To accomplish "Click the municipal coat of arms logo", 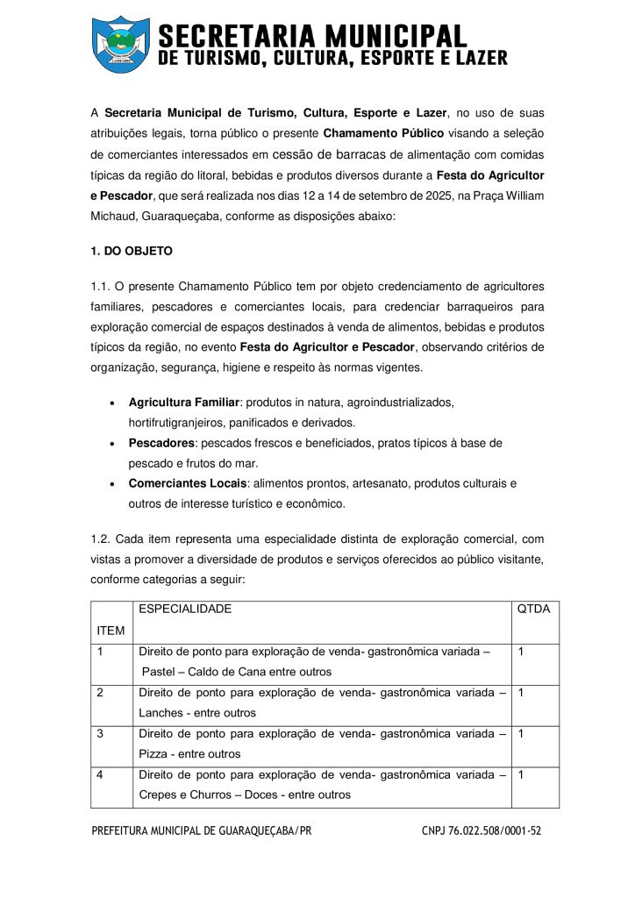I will [121, 44].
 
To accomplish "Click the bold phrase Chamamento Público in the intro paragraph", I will [383, 134].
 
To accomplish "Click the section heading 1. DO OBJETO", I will [132, 251].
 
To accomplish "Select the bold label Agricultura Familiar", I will [184, 402].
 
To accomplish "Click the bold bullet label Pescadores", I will [161, 443].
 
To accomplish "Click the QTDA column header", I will [534, 609].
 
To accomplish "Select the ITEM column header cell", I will [111, 631].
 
